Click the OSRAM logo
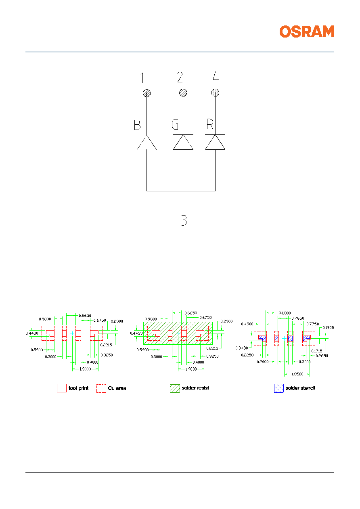point(307,31)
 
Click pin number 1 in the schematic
point(142,78)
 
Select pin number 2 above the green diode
point(180,77)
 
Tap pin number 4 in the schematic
point(216,77)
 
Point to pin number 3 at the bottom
point(184,220)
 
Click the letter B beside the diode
point(137,125)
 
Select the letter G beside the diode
point(175,124)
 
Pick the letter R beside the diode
point(210,124)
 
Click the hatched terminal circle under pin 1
point(147,93)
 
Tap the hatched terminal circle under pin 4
point(216,93)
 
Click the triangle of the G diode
point(183,142)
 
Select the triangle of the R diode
point(216,142)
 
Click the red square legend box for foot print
point(62,388)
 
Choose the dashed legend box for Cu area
point(101,388)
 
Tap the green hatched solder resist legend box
point(175,388)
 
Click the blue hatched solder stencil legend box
point(279,388)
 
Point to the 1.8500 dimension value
point(297,374)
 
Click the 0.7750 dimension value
point(313,324)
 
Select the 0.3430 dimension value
point(242,348)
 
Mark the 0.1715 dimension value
point(317,351)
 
